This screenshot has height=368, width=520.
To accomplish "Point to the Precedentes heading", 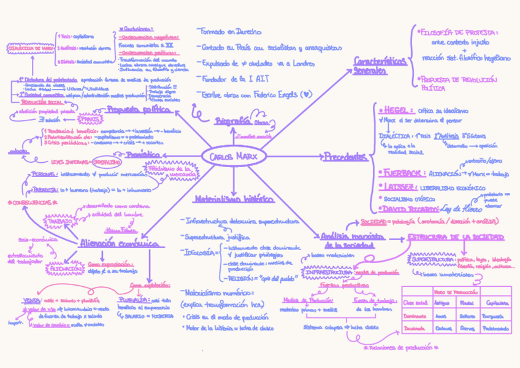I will [x=345, y=157].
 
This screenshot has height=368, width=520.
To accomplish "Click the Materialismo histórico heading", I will [x=234, y=199].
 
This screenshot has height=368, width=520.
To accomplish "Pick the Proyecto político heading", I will [x=138, y=109].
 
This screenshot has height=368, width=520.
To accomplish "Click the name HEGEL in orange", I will [x=394, y=111].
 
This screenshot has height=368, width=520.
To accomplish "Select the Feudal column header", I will [x=467, y=303].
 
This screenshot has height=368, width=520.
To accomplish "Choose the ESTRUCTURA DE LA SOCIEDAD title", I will [x=456, y=237].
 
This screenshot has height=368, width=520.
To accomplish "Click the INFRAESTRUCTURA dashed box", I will [x=328, y=272].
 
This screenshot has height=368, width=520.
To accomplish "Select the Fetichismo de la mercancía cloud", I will [x=184, y=171].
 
